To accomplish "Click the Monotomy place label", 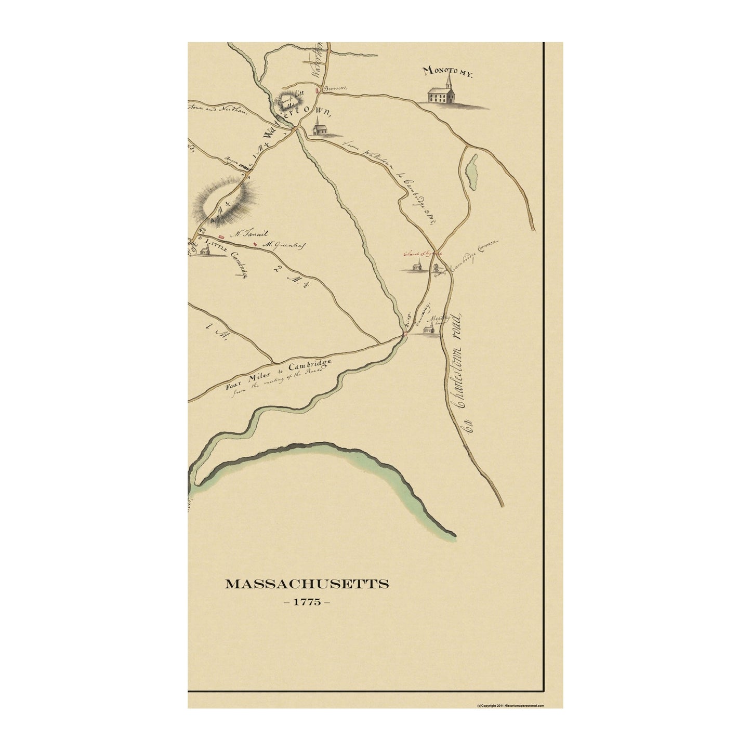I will click(x=447, y=72).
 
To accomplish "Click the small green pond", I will click(x=473, y=172).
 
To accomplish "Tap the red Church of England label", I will click(x=423, y=253).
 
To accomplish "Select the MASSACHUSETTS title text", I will click(x=307, y=584).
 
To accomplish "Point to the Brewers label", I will click(x=334, y=89).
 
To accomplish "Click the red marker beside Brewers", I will click(x=316, y=90).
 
